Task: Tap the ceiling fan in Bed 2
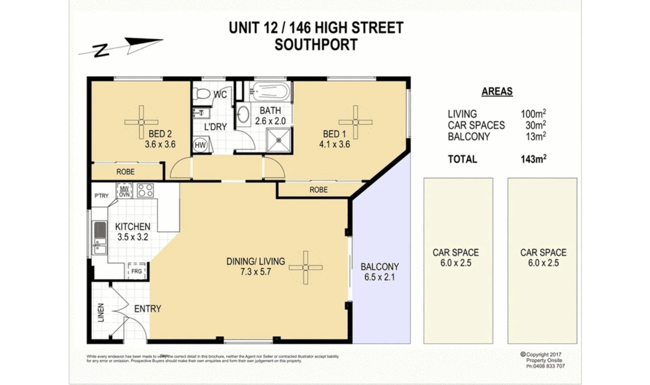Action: point(141,122)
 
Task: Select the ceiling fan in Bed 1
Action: point(355,122)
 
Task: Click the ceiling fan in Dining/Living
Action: point(305,268)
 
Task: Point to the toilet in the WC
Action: point(201,93)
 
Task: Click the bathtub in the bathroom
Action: point(271,91)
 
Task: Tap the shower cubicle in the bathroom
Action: point(279,140)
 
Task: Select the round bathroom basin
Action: point(243,115)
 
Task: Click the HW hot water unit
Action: point(200,145)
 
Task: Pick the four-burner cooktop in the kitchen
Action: point(145,190)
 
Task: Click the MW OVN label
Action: point(124,191)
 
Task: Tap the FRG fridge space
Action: point(136,271)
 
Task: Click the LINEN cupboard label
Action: point(101,312)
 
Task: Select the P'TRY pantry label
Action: point(102,196)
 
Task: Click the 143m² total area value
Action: point(533,159)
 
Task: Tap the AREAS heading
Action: point(497,91)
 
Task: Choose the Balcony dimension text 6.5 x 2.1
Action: point(380,277)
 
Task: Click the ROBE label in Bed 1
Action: point(318,190)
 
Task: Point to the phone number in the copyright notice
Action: point(546,366)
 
